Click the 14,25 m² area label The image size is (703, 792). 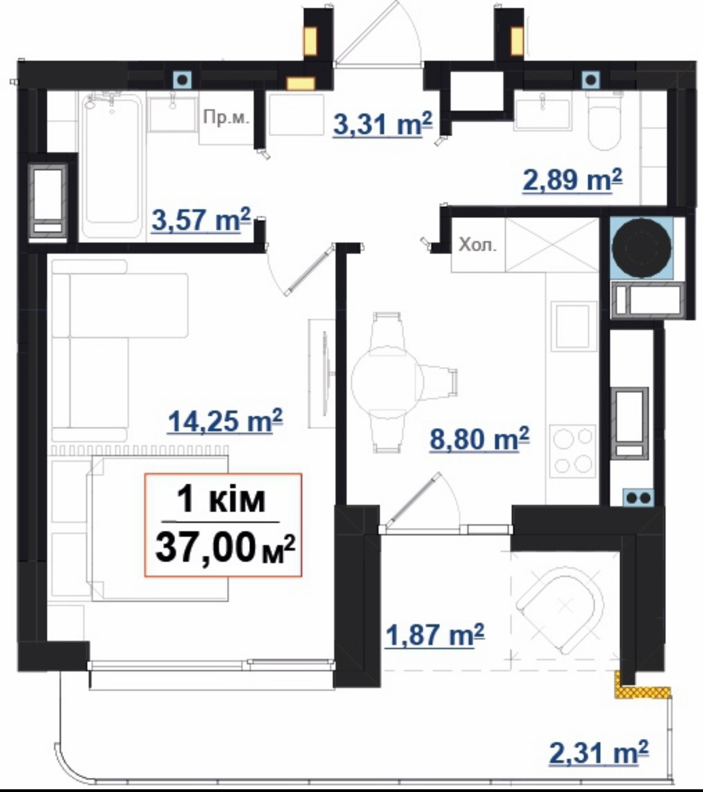click(x=225, y=421)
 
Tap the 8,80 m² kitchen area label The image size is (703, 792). click(x=480, y=439)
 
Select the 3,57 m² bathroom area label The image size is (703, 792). click(x=201, y=220)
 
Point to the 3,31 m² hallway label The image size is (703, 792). click(x=383, y=123)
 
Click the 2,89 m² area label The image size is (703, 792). click(x=573, y=179)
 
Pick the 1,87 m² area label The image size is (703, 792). click(x=435, y=634)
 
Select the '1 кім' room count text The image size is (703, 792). click(x=221, y=500)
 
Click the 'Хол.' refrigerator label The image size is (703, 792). click(x=477, y=245)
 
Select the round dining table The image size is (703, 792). click(x=387, y=382)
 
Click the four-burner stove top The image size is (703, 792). click(x=573, y=452)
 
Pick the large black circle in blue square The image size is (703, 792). click(x=641, y=248)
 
